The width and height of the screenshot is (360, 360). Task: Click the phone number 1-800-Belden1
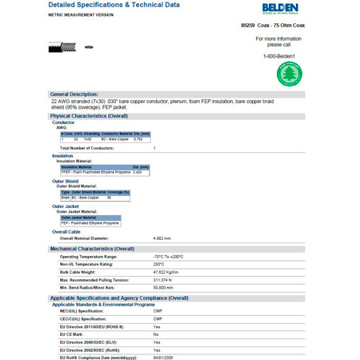tap(279, 55)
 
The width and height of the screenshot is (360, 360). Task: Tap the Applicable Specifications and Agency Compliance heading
tap(119, 298)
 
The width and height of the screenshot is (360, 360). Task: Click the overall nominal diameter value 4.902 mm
tap(164, 238)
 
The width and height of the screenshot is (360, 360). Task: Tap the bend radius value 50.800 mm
tap(164, 288)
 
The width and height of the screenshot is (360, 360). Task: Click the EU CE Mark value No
tap(156, 334)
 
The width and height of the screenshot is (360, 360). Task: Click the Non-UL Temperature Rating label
tap(90, 264)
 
